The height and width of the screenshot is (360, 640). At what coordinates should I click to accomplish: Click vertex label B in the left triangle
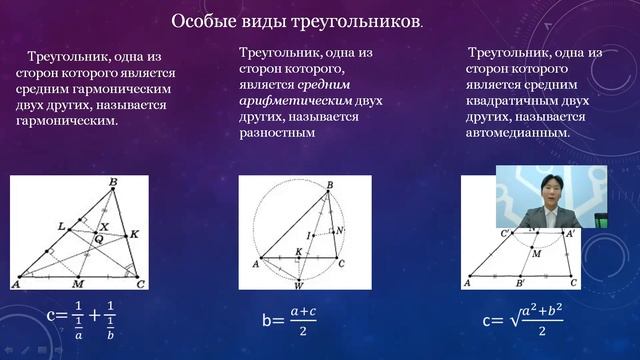click(113, 182)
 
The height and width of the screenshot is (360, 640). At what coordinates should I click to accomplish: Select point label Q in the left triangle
click(98, 240)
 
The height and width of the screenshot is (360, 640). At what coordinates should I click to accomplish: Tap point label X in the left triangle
click(104, 227)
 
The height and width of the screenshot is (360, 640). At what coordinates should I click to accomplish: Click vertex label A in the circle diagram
click(255, 264)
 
